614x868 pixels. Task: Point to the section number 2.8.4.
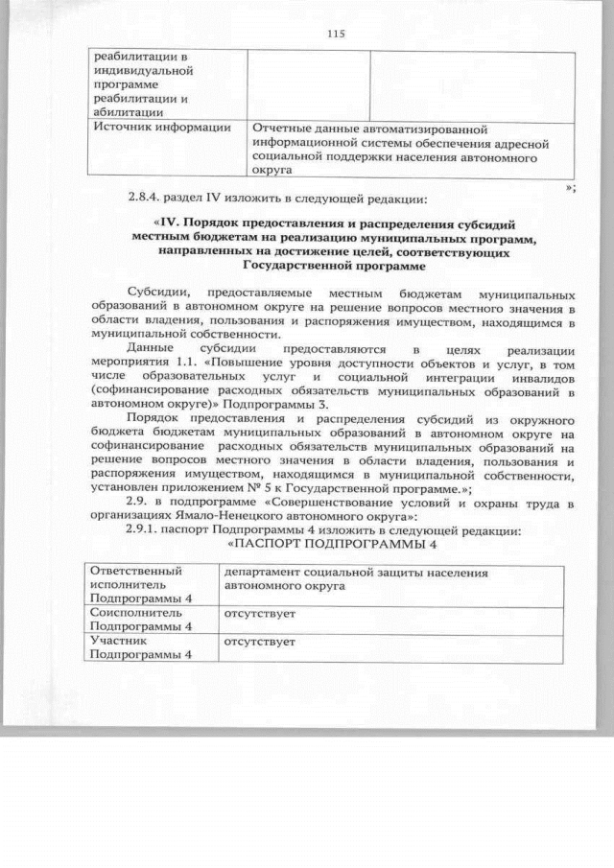(147, 199)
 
